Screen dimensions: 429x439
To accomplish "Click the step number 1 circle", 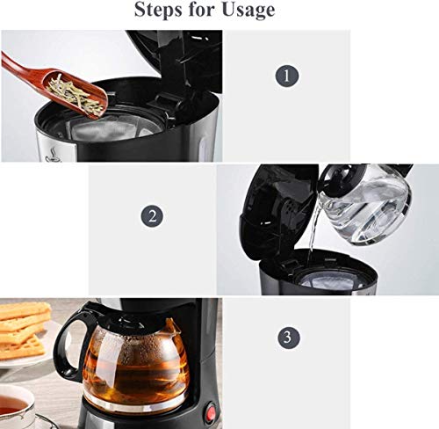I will [284, 76].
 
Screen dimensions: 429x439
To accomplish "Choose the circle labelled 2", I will [153, 215].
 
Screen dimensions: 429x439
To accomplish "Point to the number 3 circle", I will [284, 337].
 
